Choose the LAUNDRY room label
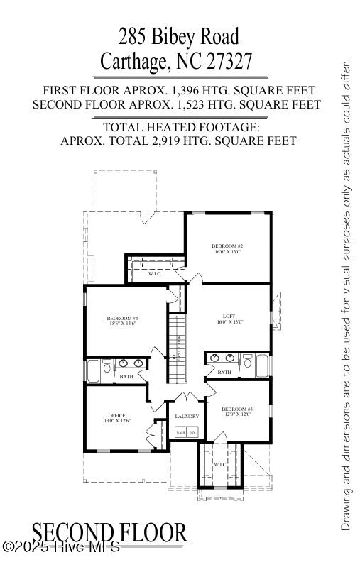[x=187, y=416]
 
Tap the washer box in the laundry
[x=180, y=431]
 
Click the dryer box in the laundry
[x=192, y=431]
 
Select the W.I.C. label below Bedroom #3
[x=219, y=464]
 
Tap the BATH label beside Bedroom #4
[x=126, y=376]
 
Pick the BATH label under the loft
[x=224, y=372]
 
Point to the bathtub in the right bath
[x=262, y=366]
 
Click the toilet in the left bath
[x=107, y=367]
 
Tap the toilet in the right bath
[x=246, y=361]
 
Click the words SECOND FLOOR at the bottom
[x=109, y=532]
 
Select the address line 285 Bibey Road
[x=179, y=35]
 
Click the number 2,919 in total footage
[x=187, y=141]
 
